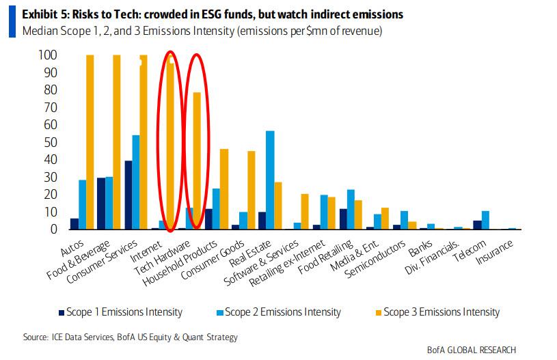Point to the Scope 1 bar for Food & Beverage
point(101,204)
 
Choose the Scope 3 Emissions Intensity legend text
point(441,312)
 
